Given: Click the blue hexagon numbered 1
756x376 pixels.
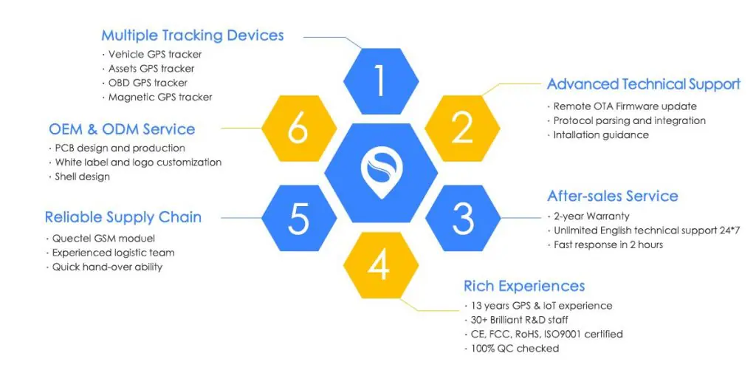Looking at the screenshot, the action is (380, 81).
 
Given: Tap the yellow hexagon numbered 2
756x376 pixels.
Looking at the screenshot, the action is (462, 128).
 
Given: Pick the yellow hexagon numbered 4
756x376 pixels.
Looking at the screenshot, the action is (380, 265).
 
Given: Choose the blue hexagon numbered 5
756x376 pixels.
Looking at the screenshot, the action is (299, 218).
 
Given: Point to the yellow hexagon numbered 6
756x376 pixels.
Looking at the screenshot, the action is (299, 128).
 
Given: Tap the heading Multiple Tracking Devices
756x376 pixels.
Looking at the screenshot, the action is (193, 35).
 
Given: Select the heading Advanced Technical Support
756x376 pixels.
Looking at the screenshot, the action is (644, 84).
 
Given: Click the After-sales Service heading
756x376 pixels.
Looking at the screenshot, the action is (612, 196).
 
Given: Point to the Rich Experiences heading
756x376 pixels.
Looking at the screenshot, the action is (524, 286).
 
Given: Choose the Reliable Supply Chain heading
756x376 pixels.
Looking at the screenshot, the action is (123, 217).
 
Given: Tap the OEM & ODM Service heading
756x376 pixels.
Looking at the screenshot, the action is (122, 129).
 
